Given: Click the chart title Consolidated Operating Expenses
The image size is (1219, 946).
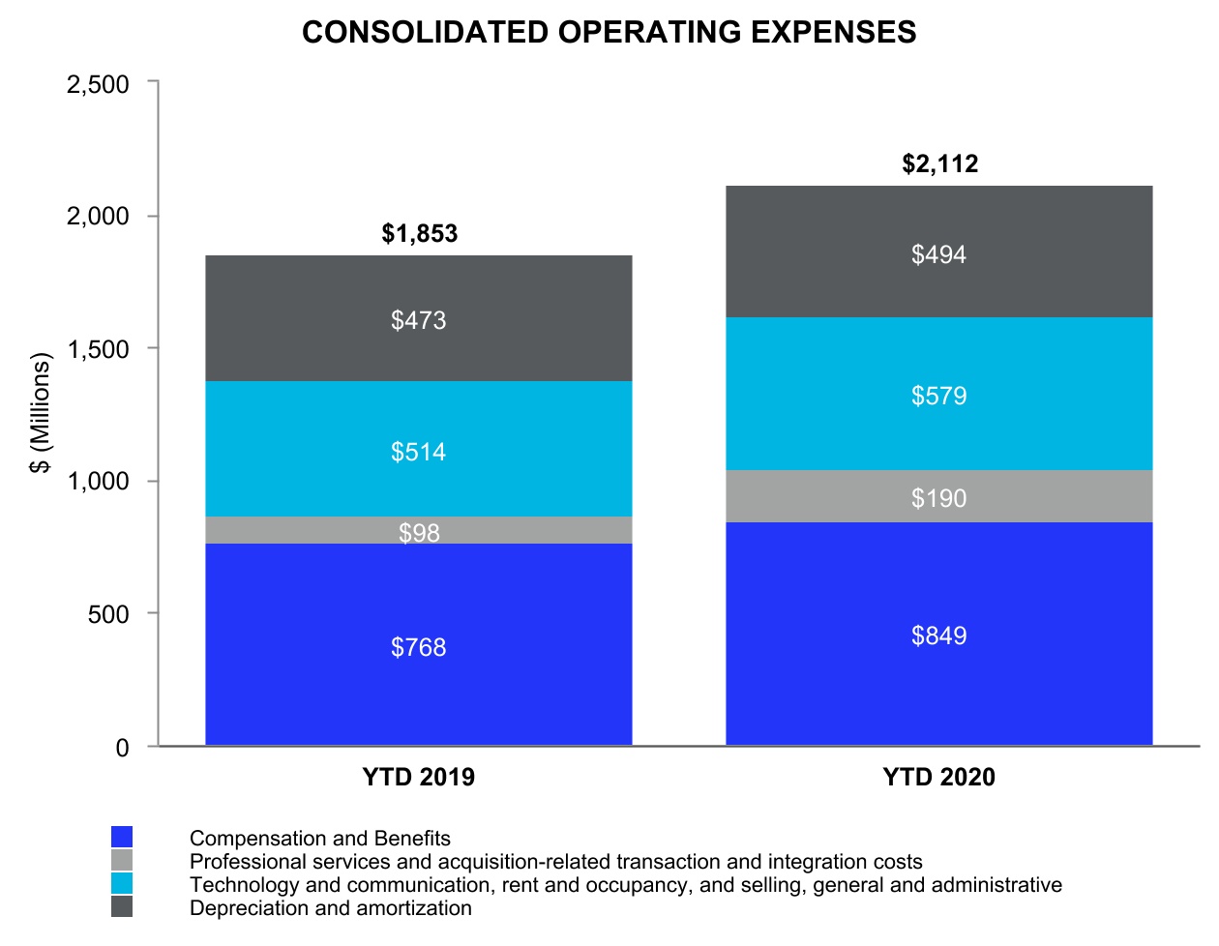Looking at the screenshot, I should coord(609,32).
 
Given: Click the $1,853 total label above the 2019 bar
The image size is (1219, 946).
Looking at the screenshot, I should coord(420,233).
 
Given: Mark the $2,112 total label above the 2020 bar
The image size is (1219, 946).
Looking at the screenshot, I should coord(940,163).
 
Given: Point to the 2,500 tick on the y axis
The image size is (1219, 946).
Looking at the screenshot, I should coord(98,84).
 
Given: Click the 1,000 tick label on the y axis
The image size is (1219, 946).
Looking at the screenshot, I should coord(98,481).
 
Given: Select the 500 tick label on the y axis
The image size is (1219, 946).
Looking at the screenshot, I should coord(107,614).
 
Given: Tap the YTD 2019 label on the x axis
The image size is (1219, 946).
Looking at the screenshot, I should coord(419,778).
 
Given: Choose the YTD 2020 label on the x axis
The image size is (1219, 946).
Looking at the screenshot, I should coord(938,778).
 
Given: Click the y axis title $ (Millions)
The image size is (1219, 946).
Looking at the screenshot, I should coord(40,413).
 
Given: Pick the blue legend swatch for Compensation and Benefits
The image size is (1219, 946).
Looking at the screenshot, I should coord(122,838).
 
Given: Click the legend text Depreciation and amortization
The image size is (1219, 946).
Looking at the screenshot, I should coord(331,908).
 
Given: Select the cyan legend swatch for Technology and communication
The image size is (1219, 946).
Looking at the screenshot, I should coord(122,884).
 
